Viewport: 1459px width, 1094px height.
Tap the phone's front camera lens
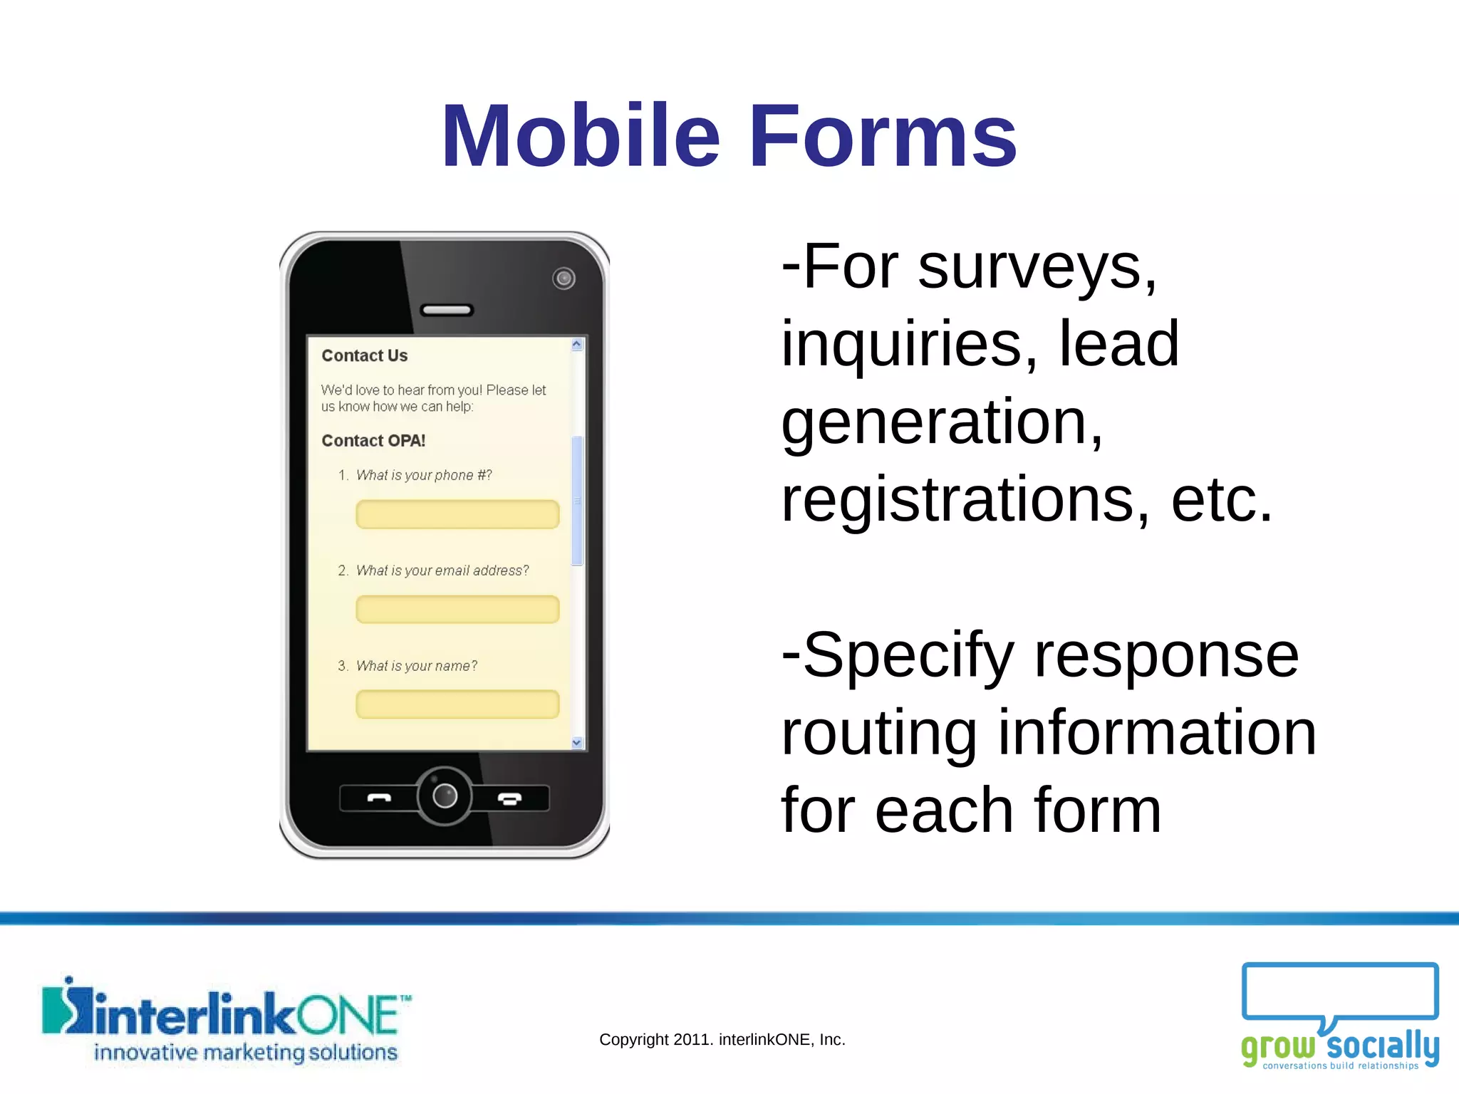coord(564,278)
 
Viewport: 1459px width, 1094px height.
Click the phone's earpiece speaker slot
coord(447,310)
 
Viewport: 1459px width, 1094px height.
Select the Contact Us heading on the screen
coord(364,355)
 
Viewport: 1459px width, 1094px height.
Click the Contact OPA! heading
coord(373,441)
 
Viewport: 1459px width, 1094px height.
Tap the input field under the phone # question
coord(457,514)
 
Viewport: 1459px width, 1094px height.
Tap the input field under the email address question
coord(457,610)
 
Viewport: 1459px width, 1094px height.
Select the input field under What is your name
coord(457,704)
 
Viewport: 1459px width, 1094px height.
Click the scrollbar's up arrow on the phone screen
coord(577,345)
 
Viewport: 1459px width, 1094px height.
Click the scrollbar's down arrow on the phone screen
coord(577,742)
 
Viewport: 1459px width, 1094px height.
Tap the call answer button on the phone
coord(378,798)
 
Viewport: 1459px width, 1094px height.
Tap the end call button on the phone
coord(509,798)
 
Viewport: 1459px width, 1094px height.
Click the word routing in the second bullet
coord(878,734)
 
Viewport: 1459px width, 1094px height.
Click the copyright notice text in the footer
coord(722,1039)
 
